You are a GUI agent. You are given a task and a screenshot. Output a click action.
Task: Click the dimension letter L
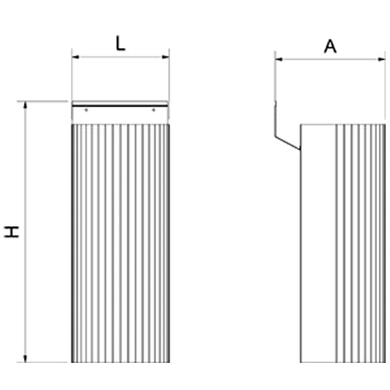(x=120, y=44)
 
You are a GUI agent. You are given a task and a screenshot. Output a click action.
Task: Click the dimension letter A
(x=330, y=47)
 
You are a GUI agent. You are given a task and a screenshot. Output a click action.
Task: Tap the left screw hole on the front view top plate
(x=86, y=110)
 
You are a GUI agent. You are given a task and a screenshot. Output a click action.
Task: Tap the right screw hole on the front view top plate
(x=153, y=110)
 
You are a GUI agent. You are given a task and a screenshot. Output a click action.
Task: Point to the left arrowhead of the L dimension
(x=74, y=56)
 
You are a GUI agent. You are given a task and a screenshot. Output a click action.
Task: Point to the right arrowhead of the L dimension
(x=167, y=56)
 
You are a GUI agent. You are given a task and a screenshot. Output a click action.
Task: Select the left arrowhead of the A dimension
(x=277, y=59)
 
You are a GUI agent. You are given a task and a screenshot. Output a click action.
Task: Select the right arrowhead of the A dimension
(x=382, y=59)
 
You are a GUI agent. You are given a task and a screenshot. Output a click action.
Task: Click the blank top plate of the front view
(x=120, y=115)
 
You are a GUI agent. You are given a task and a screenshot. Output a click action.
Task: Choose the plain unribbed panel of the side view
(x=318, y=241)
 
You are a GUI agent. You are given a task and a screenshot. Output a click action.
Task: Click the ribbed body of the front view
(x=120, y=241)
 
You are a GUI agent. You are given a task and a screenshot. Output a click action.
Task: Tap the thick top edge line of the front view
(x=120, y=106)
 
